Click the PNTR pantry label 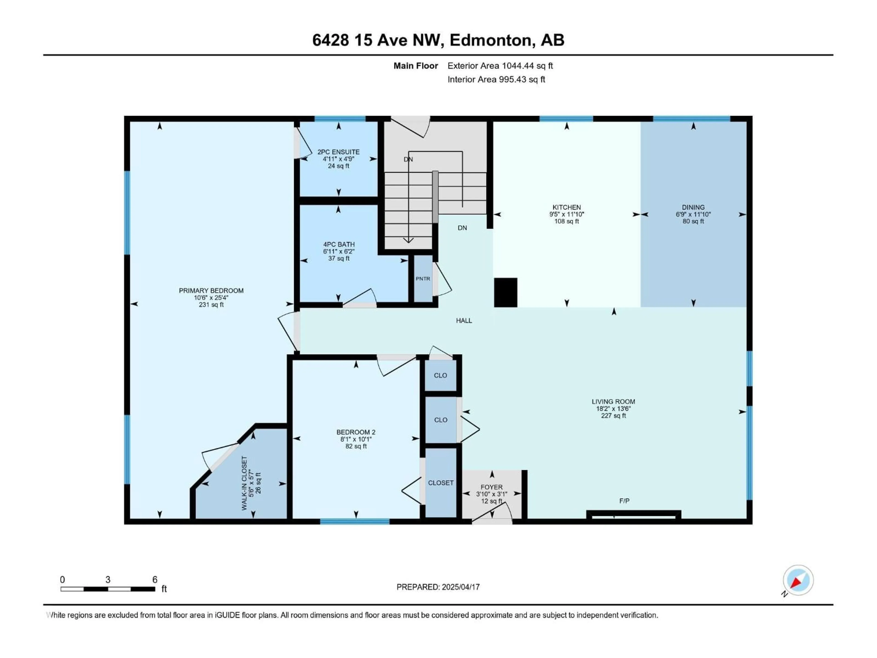pos(423,279)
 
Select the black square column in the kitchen pos(505,292)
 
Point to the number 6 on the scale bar pos(155,579)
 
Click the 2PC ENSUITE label pos(338,152)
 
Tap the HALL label pos(464,321)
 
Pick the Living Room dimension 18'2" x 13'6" pos(613,409)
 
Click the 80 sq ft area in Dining pos(693,221)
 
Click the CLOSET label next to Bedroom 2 pos(441,483)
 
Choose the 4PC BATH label pos(339,244)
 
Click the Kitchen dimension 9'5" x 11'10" pos(567,214)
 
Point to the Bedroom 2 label pos(356,432)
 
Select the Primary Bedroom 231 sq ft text pos(211,305)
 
